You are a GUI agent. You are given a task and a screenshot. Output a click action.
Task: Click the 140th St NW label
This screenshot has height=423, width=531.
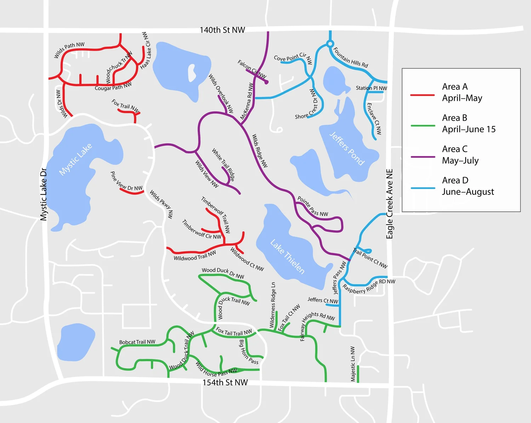[222, 30]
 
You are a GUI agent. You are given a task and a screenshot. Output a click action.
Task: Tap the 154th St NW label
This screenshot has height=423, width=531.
[225, 382]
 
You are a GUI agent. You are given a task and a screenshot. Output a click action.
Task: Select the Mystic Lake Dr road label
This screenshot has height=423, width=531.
[44, 194]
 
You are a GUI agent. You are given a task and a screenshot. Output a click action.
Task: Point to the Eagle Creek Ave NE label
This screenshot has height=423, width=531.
[389, 204]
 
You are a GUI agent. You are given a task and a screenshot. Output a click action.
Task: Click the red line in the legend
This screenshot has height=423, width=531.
[422, 95]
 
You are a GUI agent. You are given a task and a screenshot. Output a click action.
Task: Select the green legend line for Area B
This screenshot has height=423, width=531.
[422, 126]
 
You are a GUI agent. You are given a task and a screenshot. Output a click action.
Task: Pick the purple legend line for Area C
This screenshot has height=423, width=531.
[422, 157]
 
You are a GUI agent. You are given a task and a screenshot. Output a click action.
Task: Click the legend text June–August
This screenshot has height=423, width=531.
[468, 192]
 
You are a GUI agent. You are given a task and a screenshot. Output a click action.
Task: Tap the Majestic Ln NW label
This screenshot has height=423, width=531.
[353, 364]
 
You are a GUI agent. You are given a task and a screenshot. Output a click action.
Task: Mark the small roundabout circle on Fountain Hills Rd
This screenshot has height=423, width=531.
[330, 44]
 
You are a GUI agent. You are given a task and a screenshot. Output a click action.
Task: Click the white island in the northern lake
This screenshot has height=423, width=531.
[192, 73]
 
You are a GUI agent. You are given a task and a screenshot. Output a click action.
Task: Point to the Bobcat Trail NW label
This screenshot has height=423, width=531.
[137, 342]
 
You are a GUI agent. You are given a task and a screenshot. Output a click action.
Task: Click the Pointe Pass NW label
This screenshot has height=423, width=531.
[313, 206]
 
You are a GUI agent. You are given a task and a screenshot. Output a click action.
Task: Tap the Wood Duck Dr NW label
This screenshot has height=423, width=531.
[223, 273]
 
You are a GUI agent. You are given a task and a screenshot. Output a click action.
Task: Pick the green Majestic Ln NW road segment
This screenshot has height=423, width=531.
[358, 374]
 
